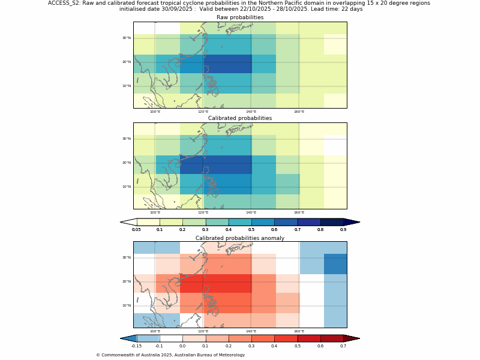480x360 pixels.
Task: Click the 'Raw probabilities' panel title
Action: point(240,17)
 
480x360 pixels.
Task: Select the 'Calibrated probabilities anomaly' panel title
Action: point(240,238)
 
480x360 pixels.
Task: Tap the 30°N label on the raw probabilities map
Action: point(127,38)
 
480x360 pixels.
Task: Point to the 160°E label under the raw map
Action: point(299,112)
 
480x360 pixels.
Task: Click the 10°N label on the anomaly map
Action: point(127,305)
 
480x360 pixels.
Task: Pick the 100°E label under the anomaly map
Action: point(155,331)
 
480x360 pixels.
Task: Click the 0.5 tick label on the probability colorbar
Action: point(251,230)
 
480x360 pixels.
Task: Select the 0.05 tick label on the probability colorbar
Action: point(136,230)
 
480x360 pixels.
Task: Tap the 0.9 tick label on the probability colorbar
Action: point(343,230)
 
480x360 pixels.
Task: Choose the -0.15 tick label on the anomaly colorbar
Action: point(136,346)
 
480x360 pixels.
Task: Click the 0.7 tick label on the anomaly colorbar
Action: point(343,346)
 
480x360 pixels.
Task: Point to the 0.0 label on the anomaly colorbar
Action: point(182,346)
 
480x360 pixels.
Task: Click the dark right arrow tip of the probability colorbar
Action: point(352,222)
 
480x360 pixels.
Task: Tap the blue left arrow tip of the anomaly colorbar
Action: point(127,338)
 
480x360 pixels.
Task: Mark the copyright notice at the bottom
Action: point(170,355)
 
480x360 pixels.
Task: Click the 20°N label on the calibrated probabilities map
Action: point(127,163)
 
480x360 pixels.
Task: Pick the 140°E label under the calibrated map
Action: point(251,212)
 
